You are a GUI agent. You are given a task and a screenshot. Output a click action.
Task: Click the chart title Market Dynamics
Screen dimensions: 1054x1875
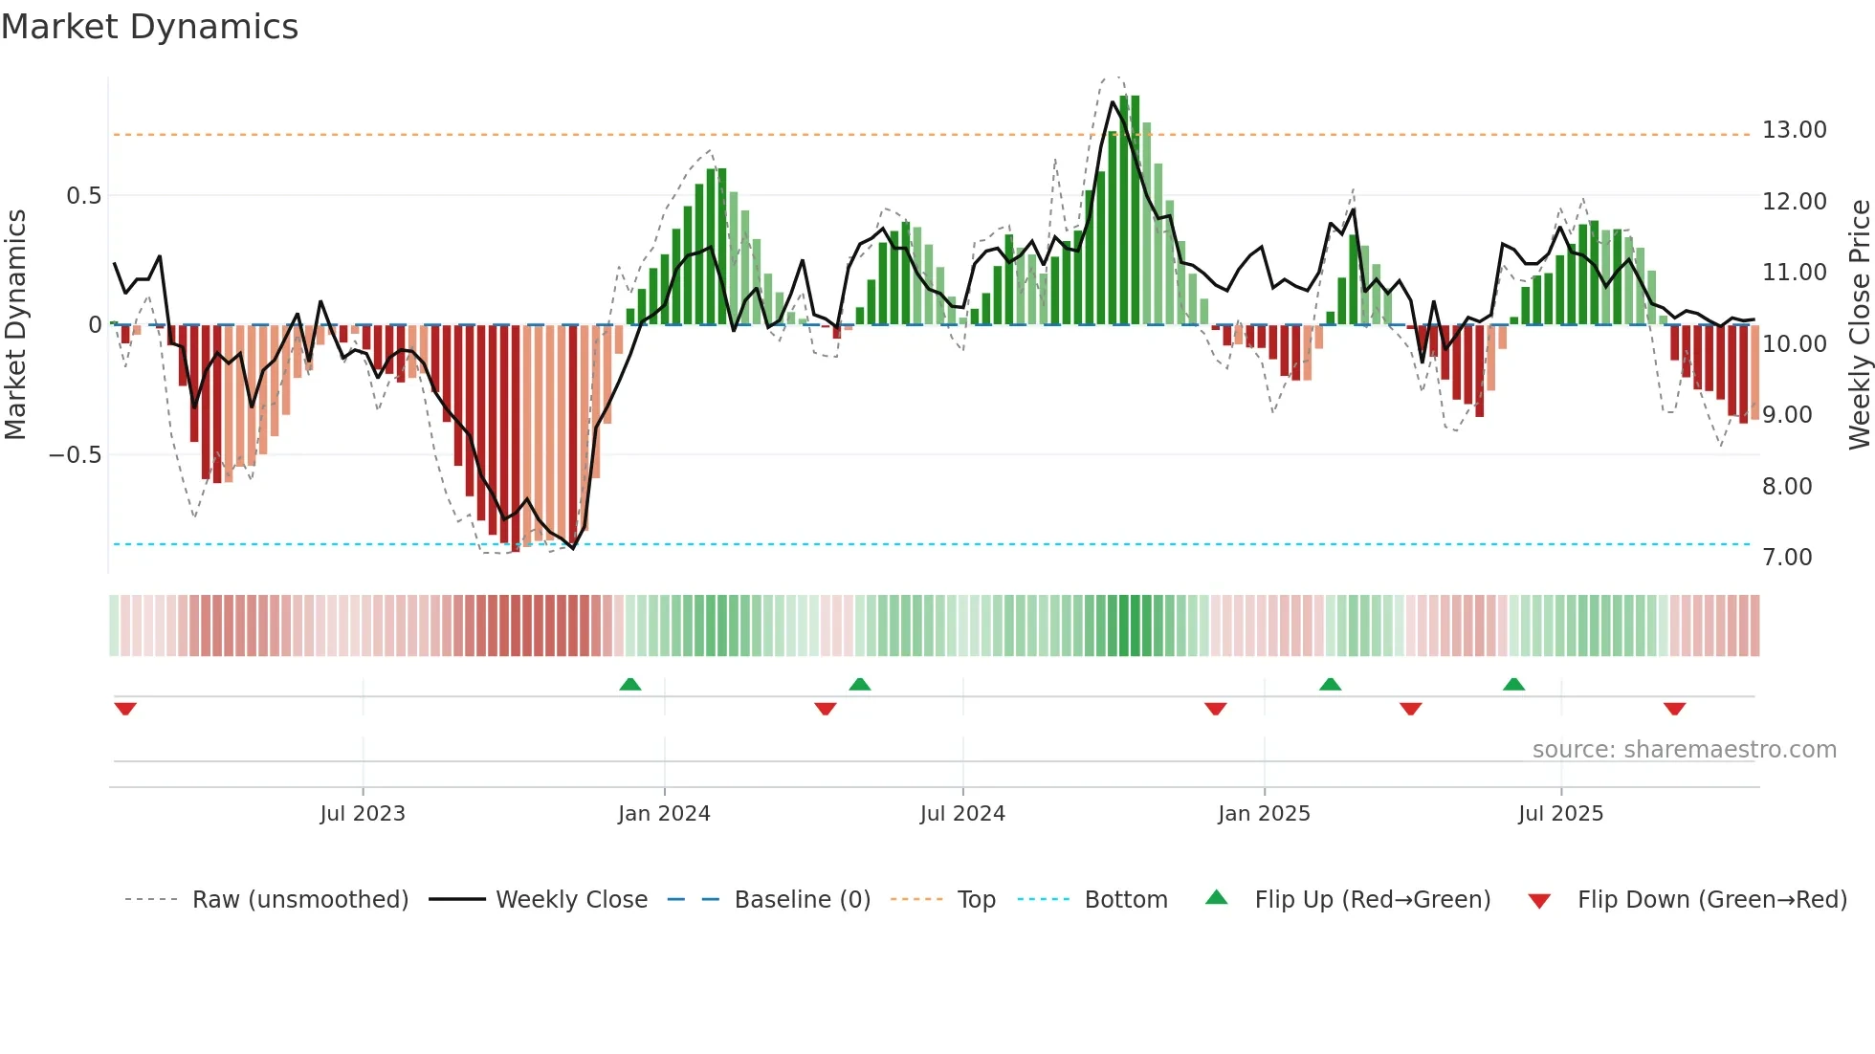click(149, 27)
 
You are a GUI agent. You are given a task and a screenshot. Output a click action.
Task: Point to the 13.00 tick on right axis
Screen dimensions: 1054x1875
click(1794, 130)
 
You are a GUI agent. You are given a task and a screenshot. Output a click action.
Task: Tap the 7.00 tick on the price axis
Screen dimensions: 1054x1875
click(1786, 558)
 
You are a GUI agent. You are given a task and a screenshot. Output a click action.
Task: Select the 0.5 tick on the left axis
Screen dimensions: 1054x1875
click(83, 196)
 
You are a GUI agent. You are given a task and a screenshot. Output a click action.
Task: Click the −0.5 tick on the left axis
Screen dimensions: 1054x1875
click(76, 455)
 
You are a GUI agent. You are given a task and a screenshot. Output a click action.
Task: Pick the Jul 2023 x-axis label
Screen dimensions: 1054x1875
click(363, 814)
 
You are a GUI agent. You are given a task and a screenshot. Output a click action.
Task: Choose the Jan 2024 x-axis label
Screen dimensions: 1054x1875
click(664, 814)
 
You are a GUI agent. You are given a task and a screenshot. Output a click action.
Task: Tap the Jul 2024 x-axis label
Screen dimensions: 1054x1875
click(962, 814)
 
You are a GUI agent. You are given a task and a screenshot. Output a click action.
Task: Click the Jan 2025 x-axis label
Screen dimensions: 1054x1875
click(1264, 814)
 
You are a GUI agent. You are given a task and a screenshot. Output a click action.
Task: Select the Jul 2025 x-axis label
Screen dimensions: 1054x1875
click(1560, 814)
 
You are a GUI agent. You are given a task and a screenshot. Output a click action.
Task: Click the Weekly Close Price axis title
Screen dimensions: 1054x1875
click(1859, 324)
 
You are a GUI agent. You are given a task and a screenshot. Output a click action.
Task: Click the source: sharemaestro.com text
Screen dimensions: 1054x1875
click(1684, 750)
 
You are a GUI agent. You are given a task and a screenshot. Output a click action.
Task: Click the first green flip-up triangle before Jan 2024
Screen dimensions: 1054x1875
click(629, 685)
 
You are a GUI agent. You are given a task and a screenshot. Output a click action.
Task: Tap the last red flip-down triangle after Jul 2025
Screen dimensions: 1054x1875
click(1674, 709)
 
